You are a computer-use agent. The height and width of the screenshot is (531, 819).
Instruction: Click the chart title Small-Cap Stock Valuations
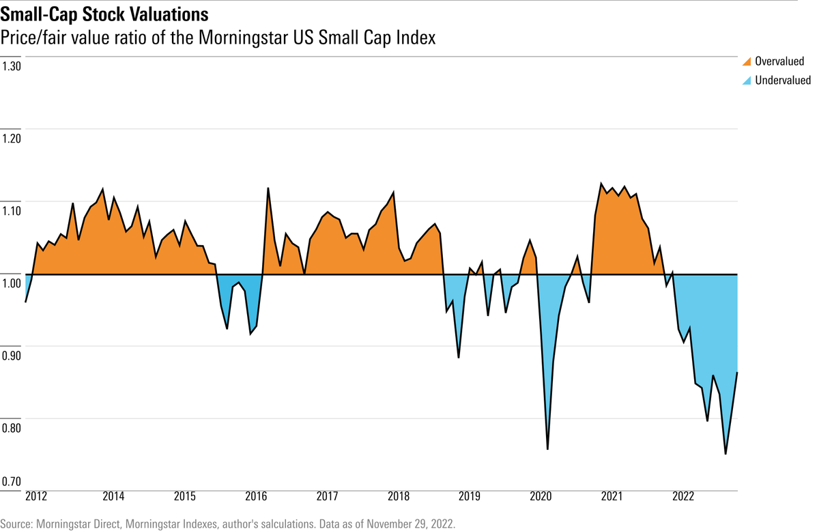tap(105, 14)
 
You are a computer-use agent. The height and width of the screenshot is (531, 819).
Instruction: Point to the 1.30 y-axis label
tap(12, 67)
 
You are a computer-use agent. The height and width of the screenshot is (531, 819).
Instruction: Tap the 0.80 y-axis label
tap(12, 429)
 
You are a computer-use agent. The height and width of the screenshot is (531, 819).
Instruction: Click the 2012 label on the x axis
tap(35, 496)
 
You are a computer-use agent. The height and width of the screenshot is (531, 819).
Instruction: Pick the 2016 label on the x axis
tap(255, 496)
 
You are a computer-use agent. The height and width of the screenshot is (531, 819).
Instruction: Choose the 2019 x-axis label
tap(469, 496)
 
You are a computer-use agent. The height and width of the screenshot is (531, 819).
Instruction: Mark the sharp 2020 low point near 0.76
tap(547, 449)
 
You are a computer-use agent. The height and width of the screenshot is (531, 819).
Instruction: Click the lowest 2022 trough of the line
tap(725, 454)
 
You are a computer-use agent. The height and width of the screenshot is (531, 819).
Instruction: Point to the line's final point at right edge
tap(737, 373)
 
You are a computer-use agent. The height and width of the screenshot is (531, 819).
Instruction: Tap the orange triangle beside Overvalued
tap(745, 61)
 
